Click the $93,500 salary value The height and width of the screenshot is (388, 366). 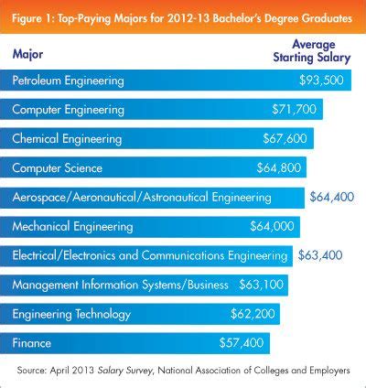coord(322,81)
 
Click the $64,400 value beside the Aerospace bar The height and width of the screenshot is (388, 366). coord(333,197)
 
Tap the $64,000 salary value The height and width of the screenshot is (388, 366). coord(273,226)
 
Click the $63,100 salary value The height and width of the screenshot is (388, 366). coord(261,285)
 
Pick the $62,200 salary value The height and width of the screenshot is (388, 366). coord(253,314)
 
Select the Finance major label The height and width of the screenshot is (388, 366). coord(31,343)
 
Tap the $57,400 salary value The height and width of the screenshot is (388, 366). coord(242,343)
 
